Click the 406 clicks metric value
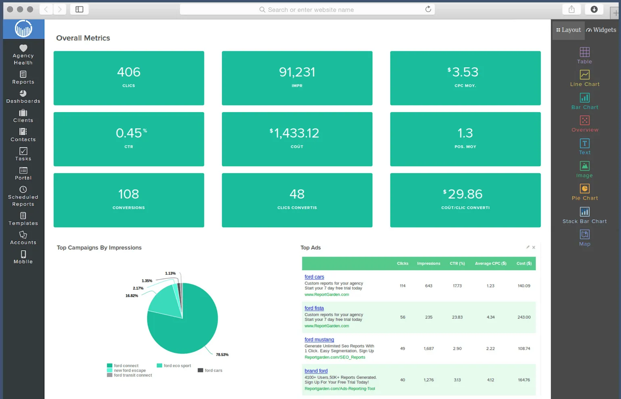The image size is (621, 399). tap(129, 72)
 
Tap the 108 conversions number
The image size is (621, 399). tap(129, 194)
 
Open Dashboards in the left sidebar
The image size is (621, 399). tap(23, 96)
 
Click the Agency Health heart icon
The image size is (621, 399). tap(23, 48)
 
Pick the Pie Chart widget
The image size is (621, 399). tap(585, 192)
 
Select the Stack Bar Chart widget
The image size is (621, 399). tap(585, 215)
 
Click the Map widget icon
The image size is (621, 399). tap(585, 234)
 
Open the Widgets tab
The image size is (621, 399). tap(601, 30)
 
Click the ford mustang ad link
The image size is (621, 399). tap(319, 340)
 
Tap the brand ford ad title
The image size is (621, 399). tap(316, 371)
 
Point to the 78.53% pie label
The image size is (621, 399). tap(222, 355)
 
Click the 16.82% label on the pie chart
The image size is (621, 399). tap(131, 296)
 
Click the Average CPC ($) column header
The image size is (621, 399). tap(490, 263)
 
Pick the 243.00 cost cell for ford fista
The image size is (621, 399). tap(524, 317)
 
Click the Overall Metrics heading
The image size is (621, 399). tap(83, 38)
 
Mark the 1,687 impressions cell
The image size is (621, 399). tap(429, 349)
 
